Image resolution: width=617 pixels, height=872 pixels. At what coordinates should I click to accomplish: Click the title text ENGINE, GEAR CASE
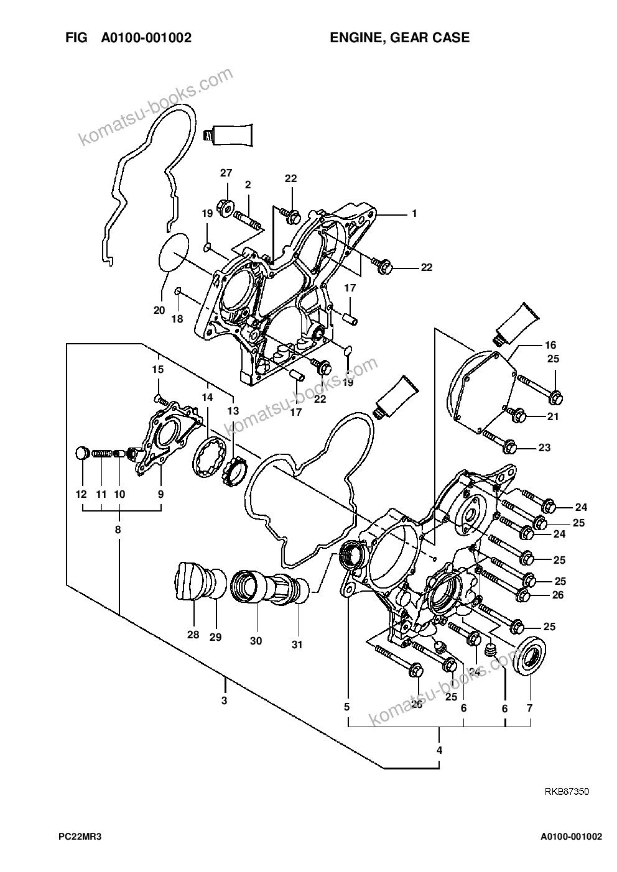pos(400,38)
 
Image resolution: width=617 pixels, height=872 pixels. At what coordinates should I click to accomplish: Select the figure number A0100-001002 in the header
pos(146,38)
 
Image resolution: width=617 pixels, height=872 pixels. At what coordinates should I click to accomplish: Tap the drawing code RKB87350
pos(567,791)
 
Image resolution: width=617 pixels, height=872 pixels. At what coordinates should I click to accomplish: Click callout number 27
pos(226,173)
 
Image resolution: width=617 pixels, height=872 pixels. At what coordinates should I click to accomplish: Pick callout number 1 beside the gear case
pos(414,213)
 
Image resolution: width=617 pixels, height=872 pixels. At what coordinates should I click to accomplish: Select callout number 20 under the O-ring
pos(159,310)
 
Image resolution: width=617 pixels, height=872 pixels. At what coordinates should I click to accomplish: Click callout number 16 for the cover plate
pos(551,345)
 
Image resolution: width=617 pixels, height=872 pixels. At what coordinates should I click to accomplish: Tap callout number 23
pos(544,447)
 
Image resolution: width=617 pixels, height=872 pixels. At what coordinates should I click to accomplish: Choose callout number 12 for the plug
pos(81,494)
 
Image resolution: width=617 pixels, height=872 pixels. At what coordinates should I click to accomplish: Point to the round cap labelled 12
pos(81,453)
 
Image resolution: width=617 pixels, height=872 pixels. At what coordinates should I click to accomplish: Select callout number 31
pos(297,645)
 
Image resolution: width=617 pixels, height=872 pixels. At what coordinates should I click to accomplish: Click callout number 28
pos(193,635)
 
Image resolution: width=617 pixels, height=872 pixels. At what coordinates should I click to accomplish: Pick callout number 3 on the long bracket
pos(224,700)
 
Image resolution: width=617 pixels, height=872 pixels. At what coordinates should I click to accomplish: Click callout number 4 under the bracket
pos(439,750)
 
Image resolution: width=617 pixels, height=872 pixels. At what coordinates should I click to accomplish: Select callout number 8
pos(118,530)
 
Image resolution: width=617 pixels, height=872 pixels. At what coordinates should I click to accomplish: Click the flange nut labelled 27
pos(226,204)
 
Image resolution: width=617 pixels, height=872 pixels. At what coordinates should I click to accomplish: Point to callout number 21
pos(553,416)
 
